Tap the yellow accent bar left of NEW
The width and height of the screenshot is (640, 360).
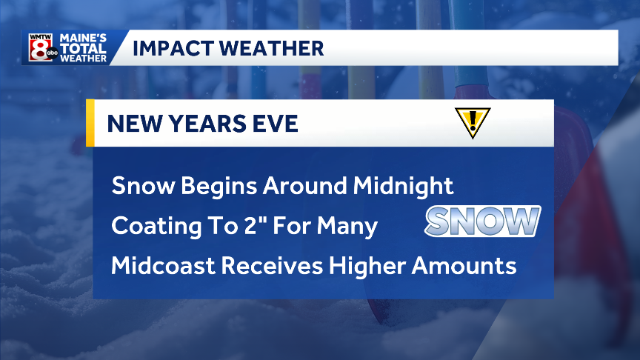[x=90, y=122]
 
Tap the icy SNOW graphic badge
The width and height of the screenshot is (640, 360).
[x=482, y=221]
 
